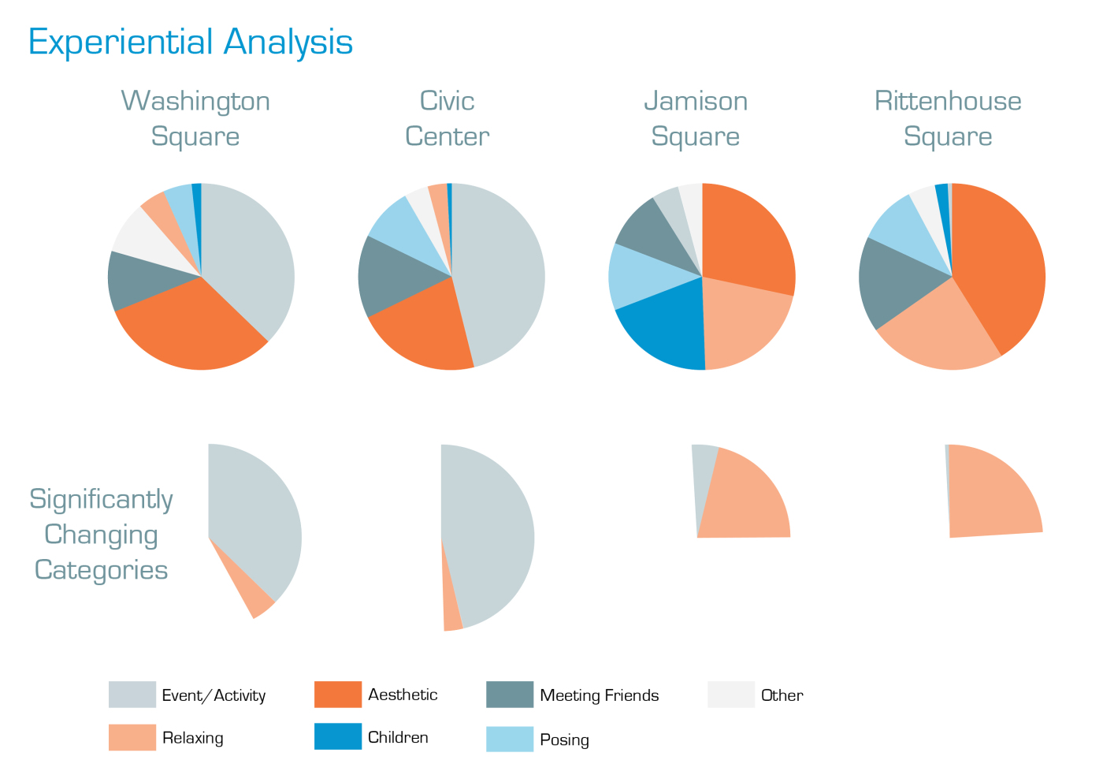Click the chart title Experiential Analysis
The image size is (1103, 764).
(190, 43)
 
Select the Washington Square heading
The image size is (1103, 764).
(195, 118)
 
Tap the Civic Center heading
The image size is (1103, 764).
(447, 118)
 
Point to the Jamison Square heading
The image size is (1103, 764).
(696, 118)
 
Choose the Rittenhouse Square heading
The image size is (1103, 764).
(948, 118)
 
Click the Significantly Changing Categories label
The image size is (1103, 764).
(101, 535)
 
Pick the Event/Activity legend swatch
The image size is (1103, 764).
(132, 695)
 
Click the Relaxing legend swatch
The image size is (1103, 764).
(132, 737)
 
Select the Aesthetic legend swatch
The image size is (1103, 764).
(337, 695)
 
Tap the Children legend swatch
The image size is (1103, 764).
(337, 736)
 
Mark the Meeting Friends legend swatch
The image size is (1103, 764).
(510, 695)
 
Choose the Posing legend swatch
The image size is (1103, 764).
(510, 739)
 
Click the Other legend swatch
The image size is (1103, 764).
(730, 695)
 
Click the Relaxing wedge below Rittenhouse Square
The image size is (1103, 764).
(993, 493)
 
